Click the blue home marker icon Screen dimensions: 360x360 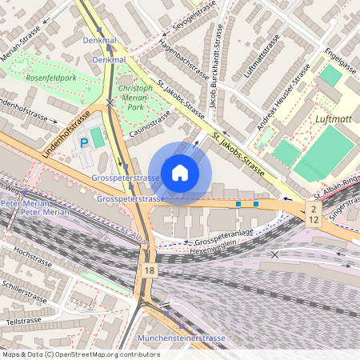[180, 173]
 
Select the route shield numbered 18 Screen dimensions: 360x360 [150, 272]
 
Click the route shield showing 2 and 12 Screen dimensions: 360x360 [314, 213]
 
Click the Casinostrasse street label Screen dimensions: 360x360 [150, 123]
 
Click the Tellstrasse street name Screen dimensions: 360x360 [22, 321]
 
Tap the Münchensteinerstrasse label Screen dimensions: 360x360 [182, 338]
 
